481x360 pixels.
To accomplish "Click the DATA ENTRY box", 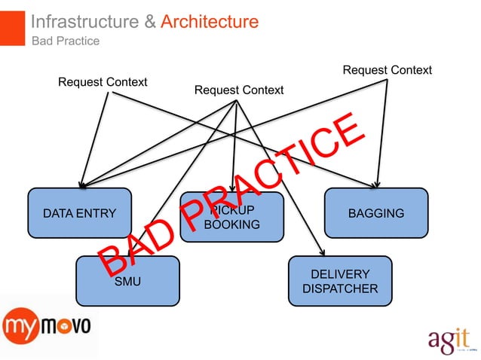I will [x=79, y=213].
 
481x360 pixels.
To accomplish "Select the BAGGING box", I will [x=375, y=213].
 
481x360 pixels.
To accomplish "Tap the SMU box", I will [x=127, y=281].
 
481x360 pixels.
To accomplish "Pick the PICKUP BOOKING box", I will [x=231, y=217].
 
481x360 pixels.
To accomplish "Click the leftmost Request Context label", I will [x=103, y=81].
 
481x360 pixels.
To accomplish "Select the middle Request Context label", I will [x=239, y=90].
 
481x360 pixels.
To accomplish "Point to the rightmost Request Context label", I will [x=387, y=70].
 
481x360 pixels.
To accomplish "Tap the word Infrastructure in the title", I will [x=84, y=22].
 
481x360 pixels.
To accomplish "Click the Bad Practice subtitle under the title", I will [x=65, y=41].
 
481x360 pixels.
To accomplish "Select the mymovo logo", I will [x=47, y=327].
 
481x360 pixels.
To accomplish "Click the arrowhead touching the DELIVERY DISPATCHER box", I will [x=323, y=252].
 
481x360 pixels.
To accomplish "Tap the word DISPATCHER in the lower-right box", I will [x=339, y=288].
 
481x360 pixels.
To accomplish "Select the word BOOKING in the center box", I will [x=231, y=224].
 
